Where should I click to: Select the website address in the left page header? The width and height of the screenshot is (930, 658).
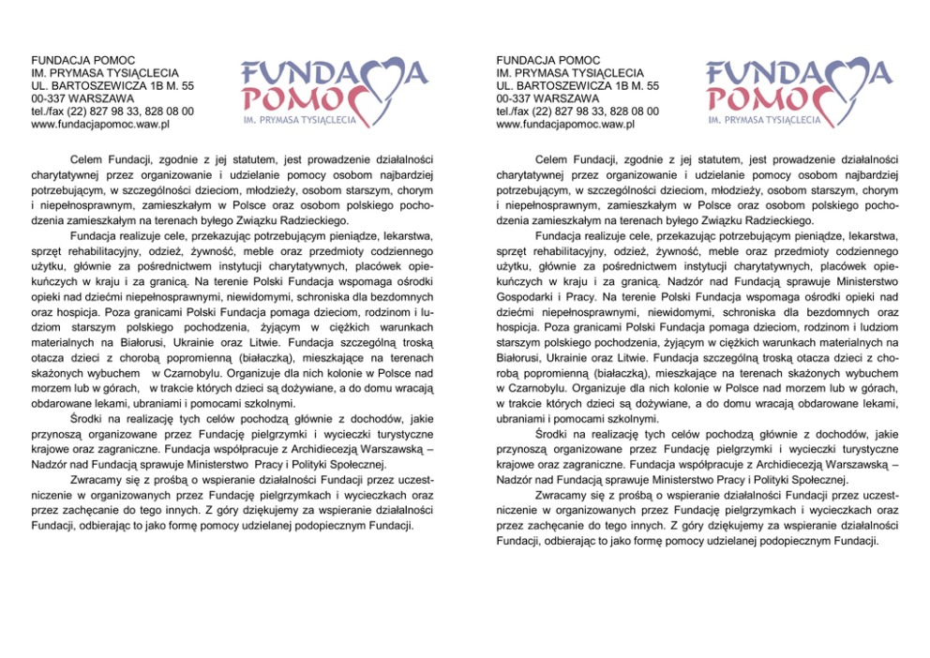tap(99, 124)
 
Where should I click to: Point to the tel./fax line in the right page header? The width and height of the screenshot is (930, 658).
tap(577, 111)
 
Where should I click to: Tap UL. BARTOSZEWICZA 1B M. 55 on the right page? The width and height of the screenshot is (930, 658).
tap(577, 85)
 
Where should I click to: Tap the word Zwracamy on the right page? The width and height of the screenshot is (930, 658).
tap(560, 494)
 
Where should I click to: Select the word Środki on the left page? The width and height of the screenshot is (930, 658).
tap(86, 418)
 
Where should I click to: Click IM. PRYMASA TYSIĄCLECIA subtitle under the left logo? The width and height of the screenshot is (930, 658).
tap(299, 121)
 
